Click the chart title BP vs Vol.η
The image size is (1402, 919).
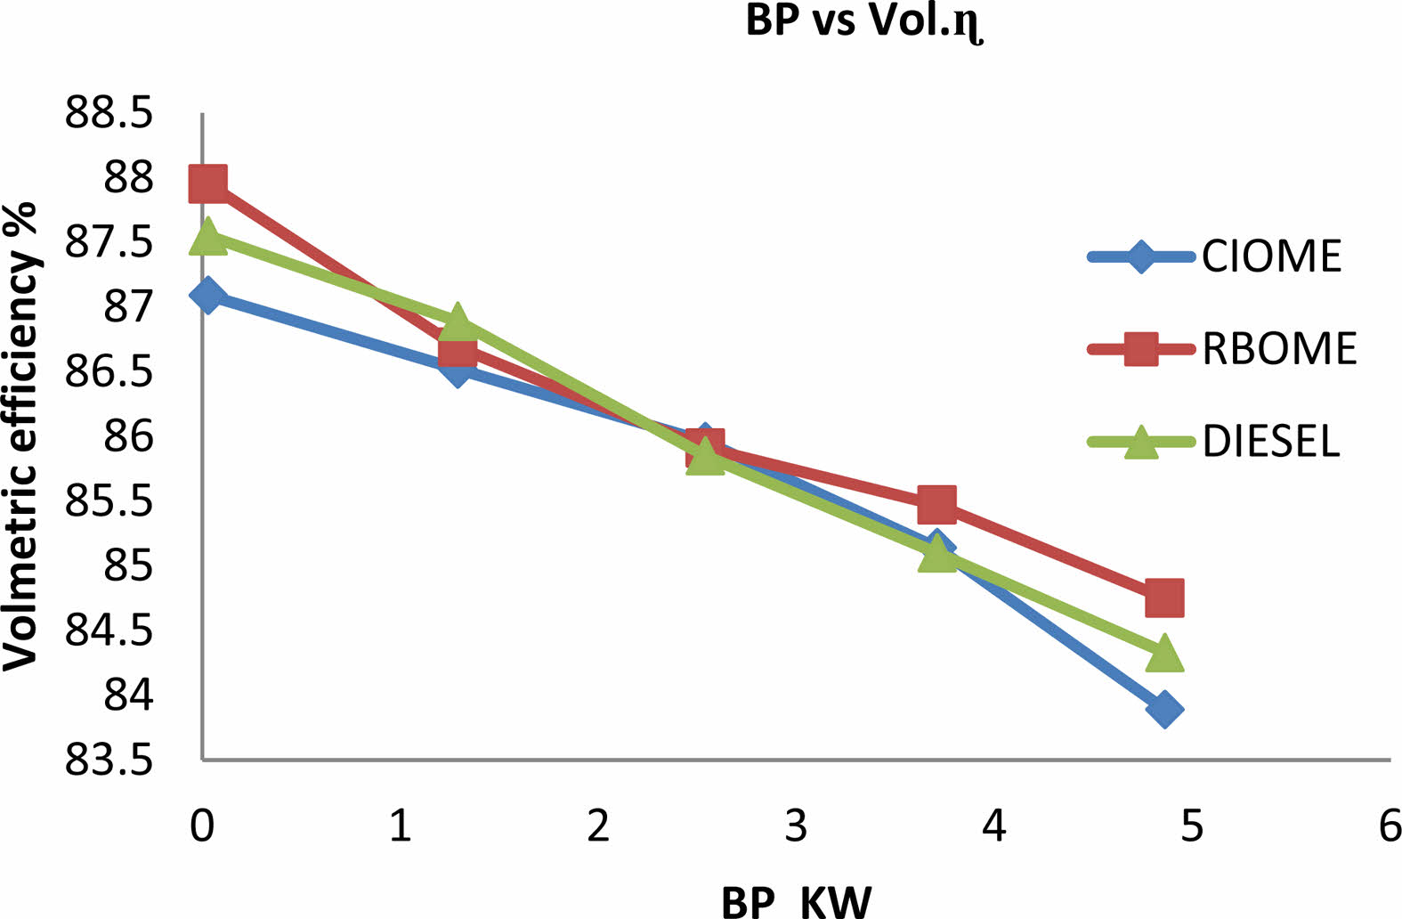pos(864,21)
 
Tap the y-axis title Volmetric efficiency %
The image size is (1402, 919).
pos(21,435)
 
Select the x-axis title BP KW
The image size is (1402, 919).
pos(796,901)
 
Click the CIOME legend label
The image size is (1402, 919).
pos(1271,256)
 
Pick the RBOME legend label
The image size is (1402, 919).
pos(1279,349)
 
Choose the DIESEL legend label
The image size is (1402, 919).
pos(1271,441)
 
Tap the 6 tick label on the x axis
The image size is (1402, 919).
pos(1390,825)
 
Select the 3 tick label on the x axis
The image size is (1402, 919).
pos(796,825)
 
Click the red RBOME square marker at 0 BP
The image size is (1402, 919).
pos(207,183)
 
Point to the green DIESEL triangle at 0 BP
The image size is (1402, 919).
pos(207,236)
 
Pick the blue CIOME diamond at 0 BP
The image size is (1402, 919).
pos(207,295)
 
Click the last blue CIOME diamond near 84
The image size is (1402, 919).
pos(1164,710)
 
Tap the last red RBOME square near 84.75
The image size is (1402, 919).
pos(1164,597)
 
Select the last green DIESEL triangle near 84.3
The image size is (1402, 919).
pos(1164,655)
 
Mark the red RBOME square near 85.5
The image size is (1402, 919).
pos(936,505)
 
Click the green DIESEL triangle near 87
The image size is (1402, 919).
pos(457,321)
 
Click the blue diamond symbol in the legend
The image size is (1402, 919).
pos(1140,257)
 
